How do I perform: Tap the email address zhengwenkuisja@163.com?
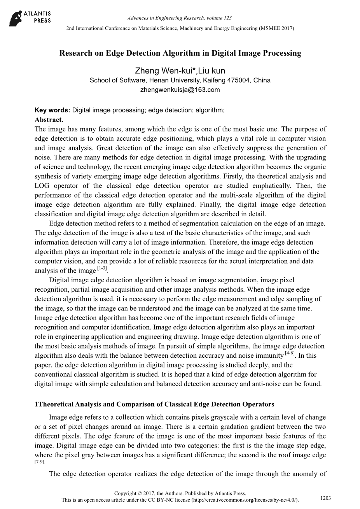pos(180,90)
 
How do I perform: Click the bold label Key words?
pos(52,110)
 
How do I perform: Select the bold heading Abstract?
pos(49,119)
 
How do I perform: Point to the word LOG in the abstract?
pos(42,186)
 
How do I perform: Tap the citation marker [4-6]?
pos(290,353)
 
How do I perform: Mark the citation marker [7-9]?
pos(40,462)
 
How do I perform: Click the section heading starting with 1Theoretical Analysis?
pos(154,404)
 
